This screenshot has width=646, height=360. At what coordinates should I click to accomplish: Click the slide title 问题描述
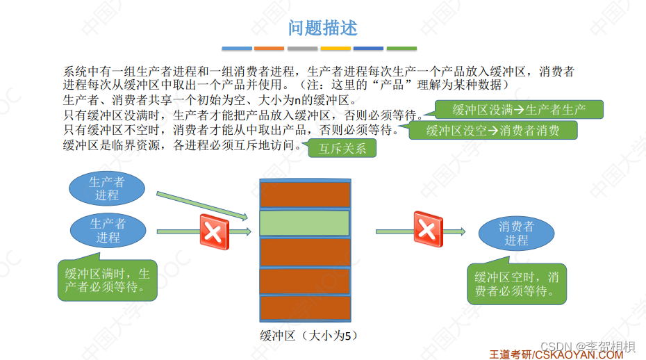pyautogui.click(x=323, y=28)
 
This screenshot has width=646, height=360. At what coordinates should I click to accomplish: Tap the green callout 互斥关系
pyautogui.click(x=342, y=148)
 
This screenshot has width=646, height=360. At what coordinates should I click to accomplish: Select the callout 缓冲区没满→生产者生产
pyautogui.click(x=519, y=110)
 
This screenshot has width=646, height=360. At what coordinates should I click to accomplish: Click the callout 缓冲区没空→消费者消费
pyautogui.click(x=493, y=130)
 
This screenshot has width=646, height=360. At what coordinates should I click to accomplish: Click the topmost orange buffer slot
pyautogui.click(x=304, y=194)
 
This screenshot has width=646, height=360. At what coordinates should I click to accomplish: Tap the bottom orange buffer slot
pyautogui.click(x=304, y=308)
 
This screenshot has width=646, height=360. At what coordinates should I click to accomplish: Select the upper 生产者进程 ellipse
pyautogui.click(x=107, y=188)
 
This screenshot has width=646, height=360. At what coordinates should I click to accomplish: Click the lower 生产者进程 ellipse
pyautogui.click(x=108, y=231)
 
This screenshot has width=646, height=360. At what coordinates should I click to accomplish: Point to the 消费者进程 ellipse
pyautogui.click(x=516, y=234)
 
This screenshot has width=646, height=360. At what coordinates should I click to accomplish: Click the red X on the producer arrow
pyautogui.click(x=214, y=231)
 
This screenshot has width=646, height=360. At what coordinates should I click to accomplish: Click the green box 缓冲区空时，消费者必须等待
pyautogui.click(x=516, y=284)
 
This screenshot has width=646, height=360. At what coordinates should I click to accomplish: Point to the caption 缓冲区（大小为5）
pyautogui.click(x=304, y=336)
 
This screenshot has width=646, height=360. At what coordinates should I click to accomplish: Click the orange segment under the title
pyautogui.click(x=269, y=49)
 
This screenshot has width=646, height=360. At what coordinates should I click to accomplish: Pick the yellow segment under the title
pyautogui.click(x=335, y=49)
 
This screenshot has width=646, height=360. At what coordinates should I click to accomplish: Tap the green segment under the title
pyautogui.click(x=401, y=49)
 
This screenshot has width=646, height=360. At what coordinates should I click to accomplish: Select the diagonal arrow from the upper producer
pyautogui.click(x=201, y=206)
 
